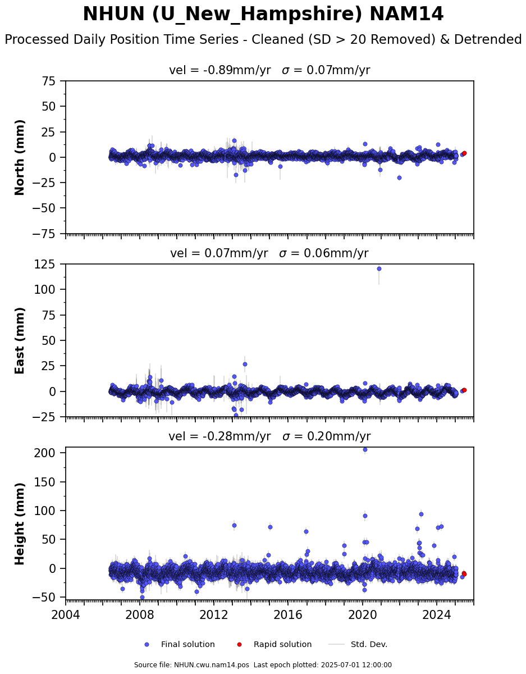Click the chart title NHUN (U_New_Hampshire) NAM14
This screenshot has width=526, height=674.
click(263, 14)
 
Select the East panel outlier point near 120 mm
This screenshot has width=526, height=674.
click(379, 268)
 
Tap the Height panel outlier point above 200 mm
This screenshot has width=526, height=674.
click(365, 449)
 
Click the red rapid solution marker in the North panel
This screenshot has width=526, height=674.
click(464, 153)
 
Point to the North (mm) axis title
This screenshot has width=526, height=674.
click(19, 157)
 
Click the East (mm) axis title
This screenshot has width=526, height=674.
click(19, 340)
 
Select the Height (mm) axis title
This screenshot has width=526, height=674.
click(19, 523)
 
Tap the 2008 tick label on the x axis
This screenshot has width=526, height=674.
click(139, 614)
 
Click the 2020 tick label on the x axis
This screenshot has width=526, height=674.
click(362, 614)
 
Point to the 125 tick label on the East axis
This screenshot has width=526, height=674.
click(44, 264)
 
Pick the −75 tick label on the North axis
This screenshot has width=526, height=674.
click(44, 234)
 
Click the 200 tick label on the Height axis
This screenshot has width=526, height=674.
click(44, 453)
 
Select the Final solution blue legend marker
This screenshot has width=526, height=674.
click(147, 645)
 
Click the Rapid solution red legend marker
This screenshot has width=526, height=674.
click(239, 645)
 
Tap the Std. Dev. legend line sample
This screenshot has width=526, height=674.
click(336, 645)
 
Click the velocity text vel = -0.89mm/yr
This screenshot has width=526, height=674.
click(219, 70)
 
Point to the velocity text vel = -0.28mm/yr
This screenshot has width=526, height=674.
click(219, 436)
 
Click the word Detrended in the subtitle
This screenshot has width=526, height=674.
click(488, 39)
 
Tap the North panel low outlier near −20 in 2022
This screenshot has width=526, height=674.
click(399, 177)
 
